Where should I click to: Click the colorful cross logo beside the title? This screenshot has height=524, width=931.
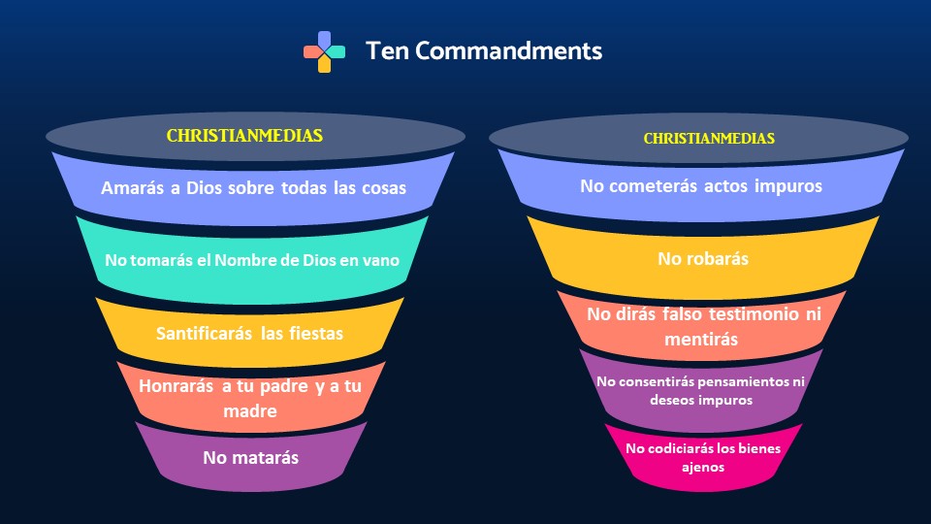[x=324, y=51]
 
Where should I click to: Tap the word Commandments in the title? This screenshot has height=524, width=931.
[x=508, y=50]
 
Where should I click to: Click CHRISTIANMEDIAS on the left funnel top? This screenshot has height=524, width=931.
[x=244, y=136]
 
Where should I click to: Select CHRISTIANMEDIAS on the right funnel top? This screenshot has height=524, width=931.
[x=709, y=139]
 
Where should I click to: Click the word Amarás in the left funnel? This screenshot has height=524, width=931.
[x=133, y=187]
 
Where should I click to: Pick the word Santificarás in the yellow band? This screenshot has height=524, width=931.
[x=204, y=333]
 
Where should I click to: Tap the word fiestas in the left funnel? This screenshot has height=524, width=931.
[x=316, y=333]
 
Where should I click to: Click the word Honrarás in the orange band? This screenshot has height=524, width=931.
[x=176, y=386]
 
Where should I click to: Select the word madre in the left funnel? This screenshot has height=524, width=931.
[x=250, y=411]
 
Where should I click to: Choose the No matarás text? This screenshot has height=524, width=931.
[x=250, y=457]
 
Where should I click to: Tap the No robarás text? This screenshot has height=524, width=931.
[x=703, y=258]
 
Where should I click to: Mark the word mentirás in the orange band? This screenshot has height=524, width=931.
[x=701, y=340]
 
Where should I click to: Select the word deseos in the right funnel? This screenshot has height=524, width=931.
[x=668, y=400]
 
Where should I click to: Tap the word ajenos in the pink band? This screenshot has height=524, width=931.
[x=703, y=468]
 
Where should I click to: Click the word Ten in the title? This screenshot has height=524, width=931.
[x=387, y=50]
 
